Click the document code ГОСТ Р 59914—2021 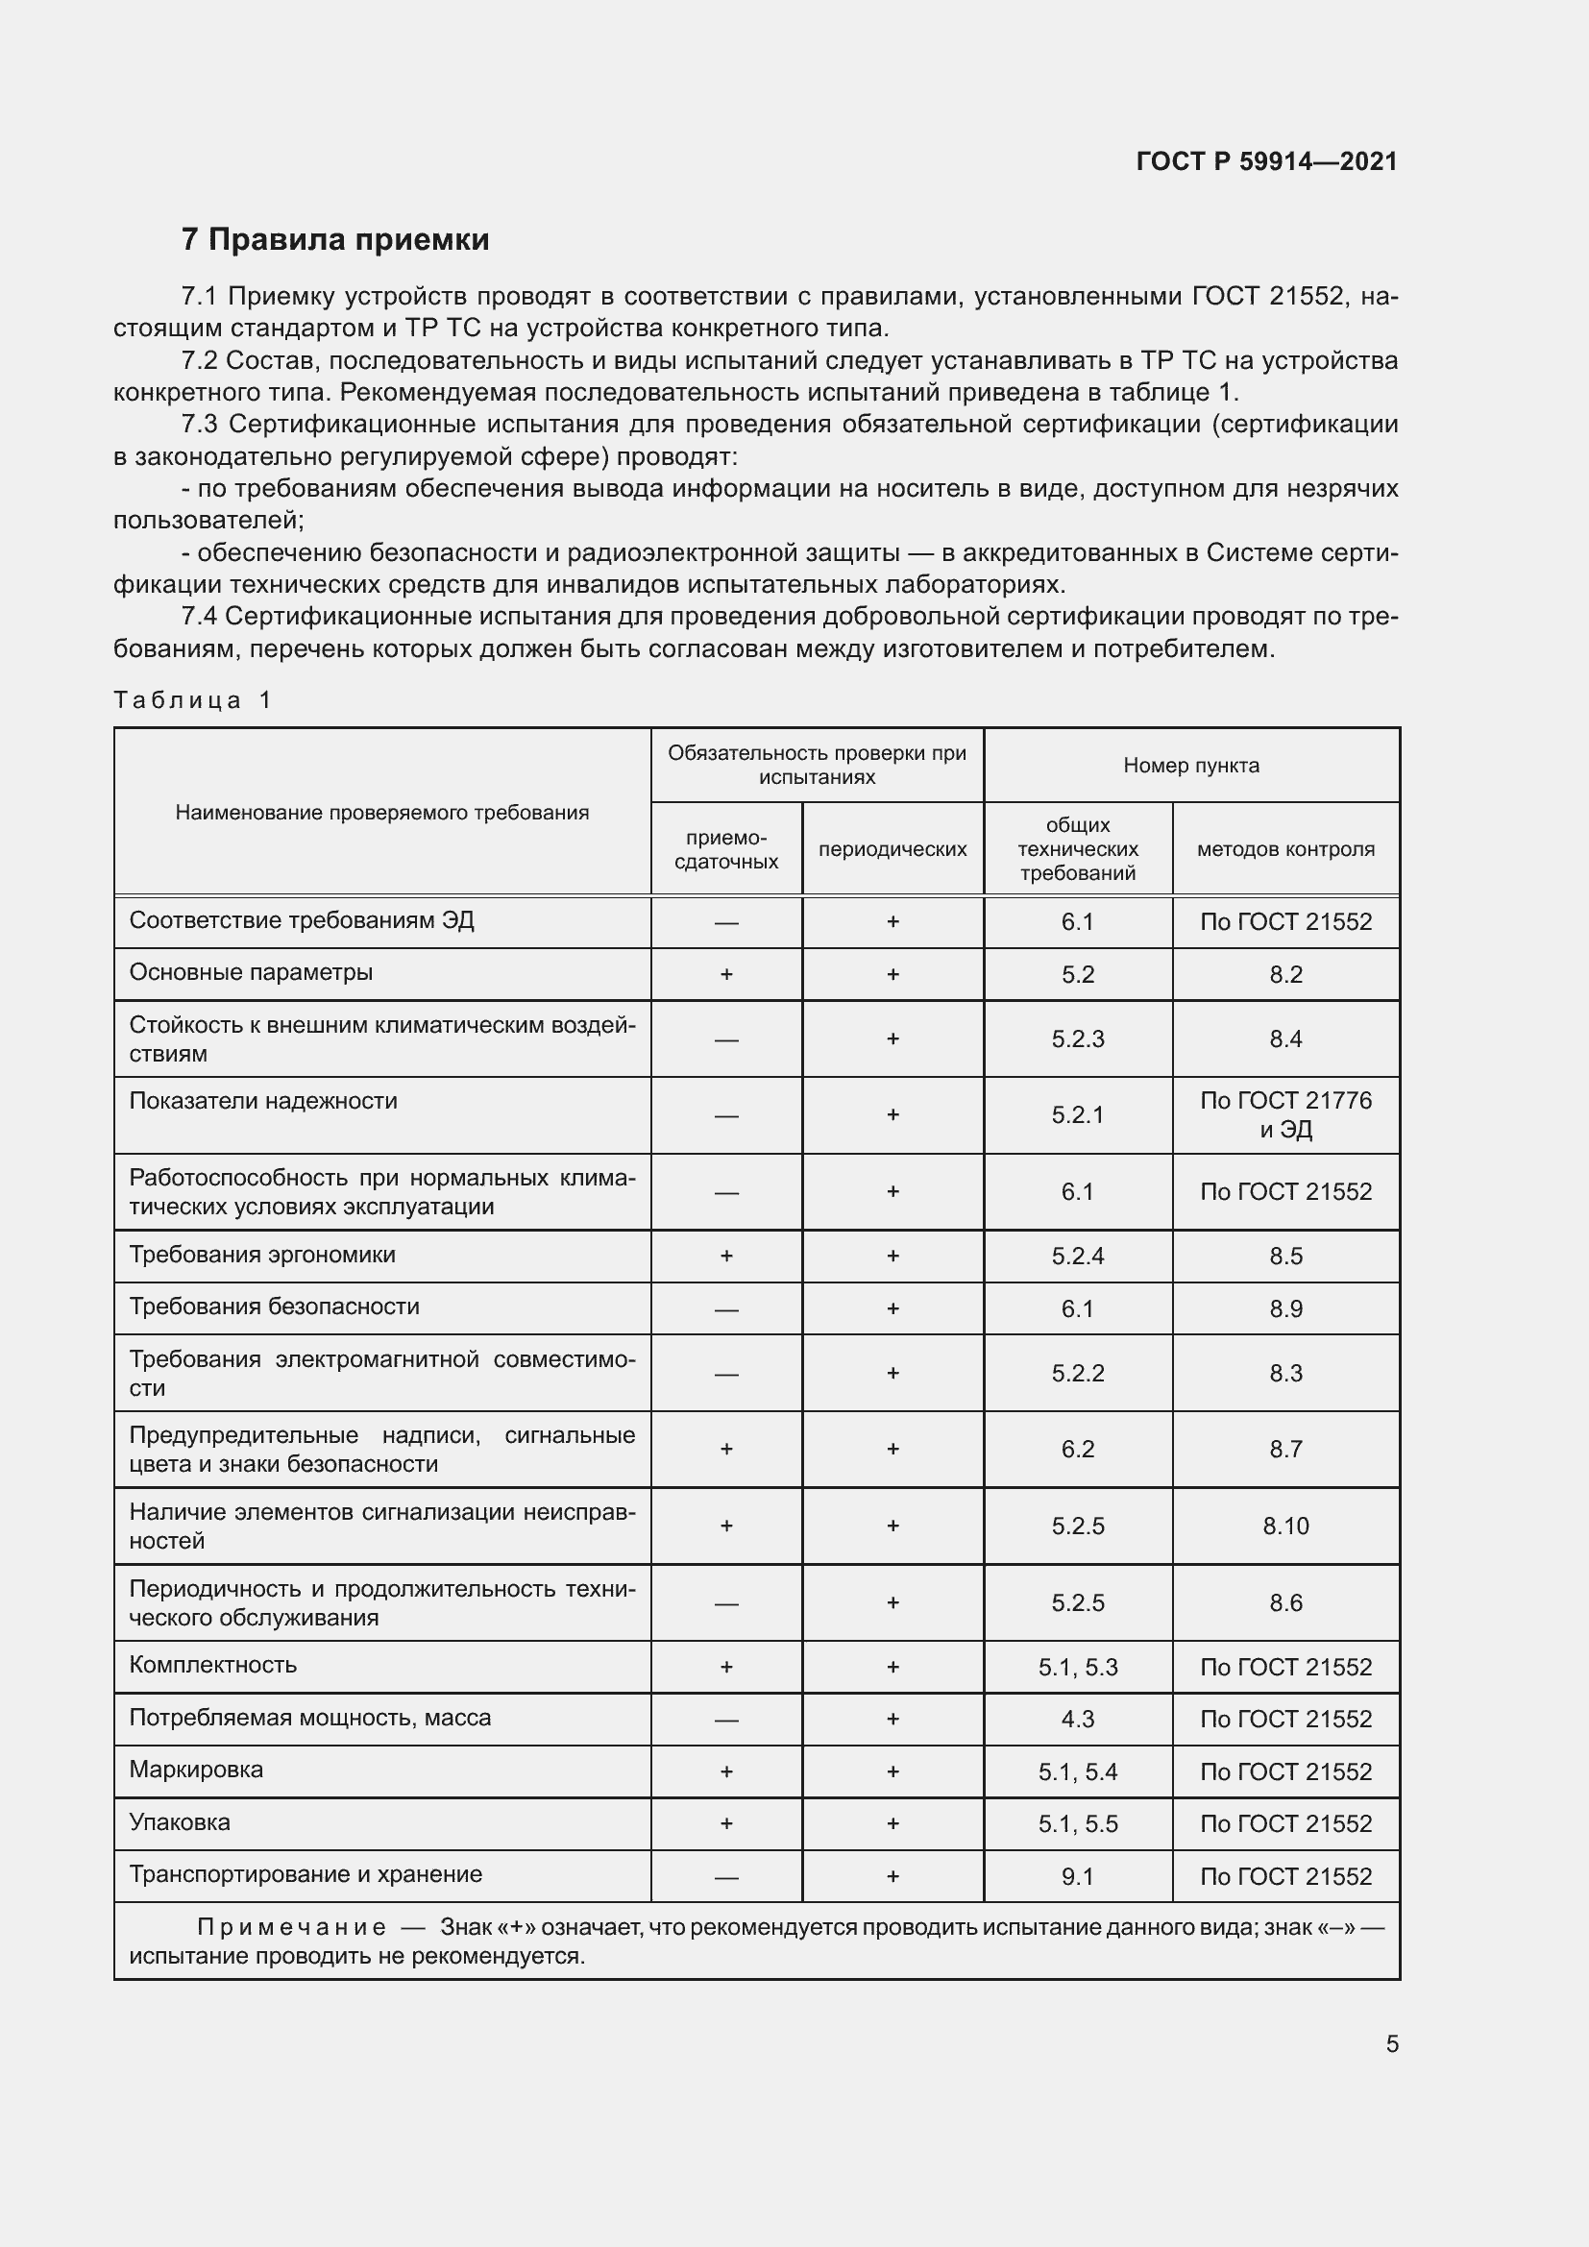[1266, 161]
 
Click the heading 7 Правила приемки [334, 239]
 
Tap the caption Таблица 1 [192, 699]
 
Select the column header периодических [892, 849]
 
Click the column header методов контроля [1284, 849]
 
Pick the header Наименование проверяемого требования [381, 813]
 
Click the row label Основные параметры [251, 973]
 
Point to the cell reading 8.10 [1284, 1526]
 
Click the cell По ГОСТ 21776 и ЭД [1284, 1114]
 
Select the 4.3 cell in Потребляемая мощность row [1077, 1720]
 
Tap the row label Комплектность [212, 1666]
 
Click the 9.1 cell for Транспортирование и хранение [1077, 1876]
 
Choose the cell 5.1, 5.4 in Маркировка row [1077, 1771]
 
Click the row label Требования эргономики [262, 1255]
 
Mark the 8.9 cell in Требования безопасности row [1284, 1308]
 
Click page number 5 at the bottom [1391, 2044]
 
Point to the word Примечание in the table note [292, 1927]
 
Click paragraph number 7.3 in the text [201, 425]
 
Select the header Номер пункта [1190, 766]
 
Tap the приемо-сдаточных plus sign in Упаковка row [726, 1823]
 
